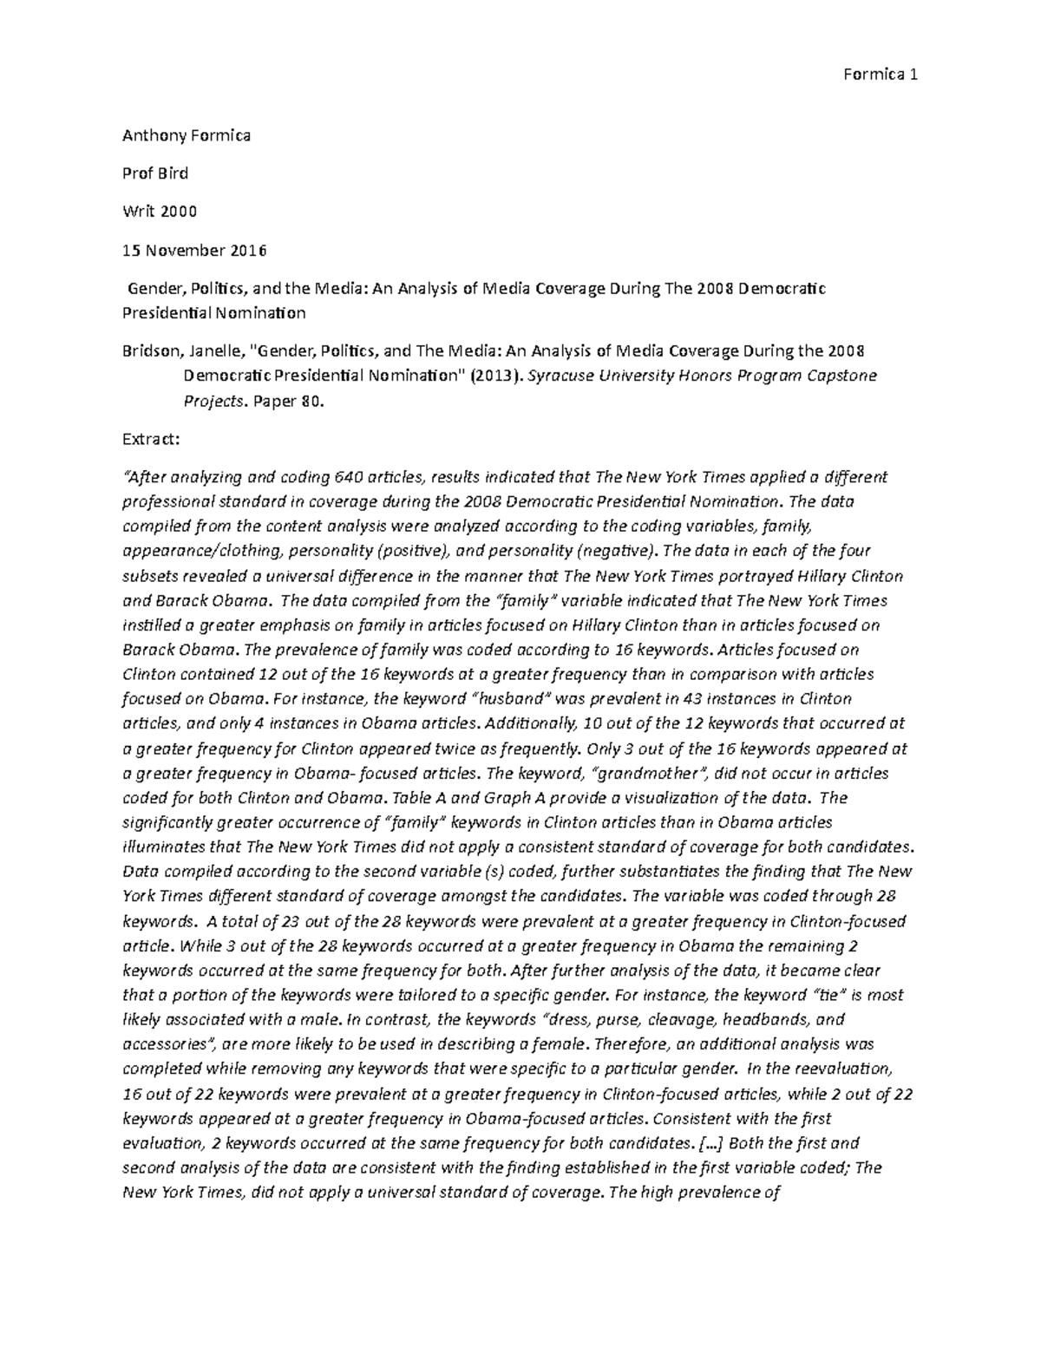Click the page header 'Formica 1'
(880, 75)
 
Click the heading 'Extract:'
(153, 440)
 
